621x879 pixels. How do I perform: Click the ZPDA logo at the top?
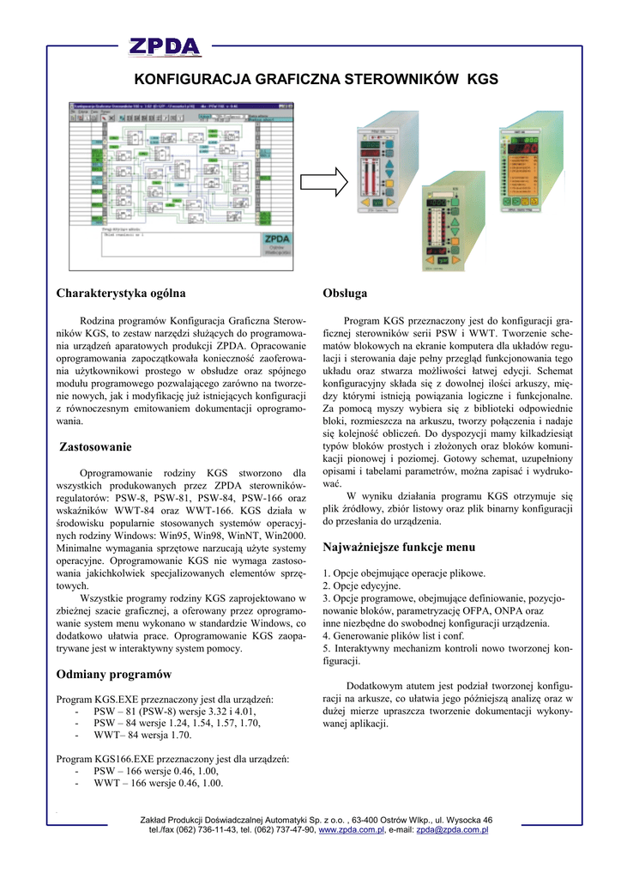165,45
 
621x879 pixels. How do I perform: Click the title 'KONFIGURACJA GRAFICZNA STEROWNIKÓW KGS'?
315,79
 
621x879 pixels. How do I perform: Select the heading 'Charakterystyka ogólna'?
121,294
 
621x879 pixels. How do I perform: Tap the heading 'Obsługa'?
345,294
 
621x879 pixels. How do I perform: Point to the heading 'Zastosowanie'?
96,446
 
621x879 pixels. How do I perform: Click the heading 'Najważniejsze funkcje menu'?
398,547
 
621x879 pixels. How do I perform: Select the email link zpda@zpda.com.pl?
452,830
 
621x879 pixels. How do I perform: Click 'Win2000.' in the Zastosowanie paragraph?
285,535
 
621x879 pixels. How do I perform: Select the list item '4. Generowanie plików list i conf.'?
393,636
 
